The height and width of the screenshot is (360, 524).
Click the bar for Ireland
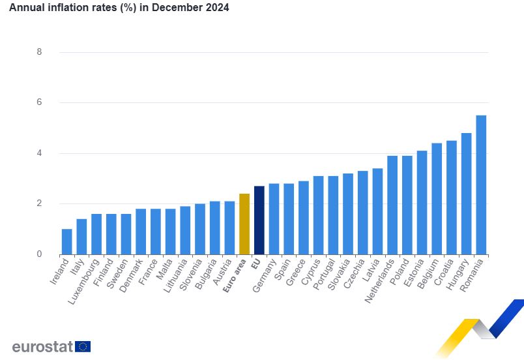click(x=67, y=242)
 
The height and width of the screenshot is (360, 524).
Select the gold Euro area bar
click(x=244, y=224)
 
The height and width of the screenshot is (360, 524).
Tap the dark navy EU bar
click(x=259, y=220)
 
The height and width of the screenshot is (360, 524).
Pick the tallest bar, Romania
click(x=481, y=185)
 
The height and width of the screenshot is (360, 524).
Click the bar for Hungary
click(x=466, y=194)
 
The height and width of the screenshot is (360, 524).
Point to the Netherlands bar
click(x=392, y=205)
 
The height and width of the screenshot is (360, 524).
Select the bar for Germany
click(x=274, y=219)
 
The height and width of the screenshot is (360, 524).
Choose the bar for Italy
click(x=81, y=237)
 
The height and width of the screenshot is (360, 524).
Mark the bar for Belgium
click(x=437, y=199)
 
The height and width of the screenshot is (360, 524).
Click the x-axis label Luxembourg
click(x=84, y=282)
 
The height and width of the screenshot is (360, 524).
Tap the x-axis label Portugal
click(x=324, y=275)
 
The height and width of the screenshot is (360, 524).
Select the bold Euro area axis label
click(x=235, y=276)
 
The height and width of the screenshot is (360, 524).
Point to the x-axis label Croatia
click(x=443, y=272)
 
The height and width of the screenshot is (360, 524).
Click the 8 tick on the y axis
click(x=40, y=52)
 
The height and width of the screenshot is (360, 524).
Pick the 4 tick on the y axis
click(x=40, y=153)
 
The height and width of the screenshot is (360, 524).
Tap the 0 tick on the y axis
click(x=40, y=254)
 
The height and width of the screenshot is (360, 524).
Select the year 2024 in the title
click(x=218, y=7)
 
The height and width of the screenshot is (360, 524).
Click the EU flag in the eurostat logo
click(x=83, y=346)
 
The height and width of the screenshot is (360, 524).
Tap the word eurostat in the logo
click(x=42, y=346)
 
